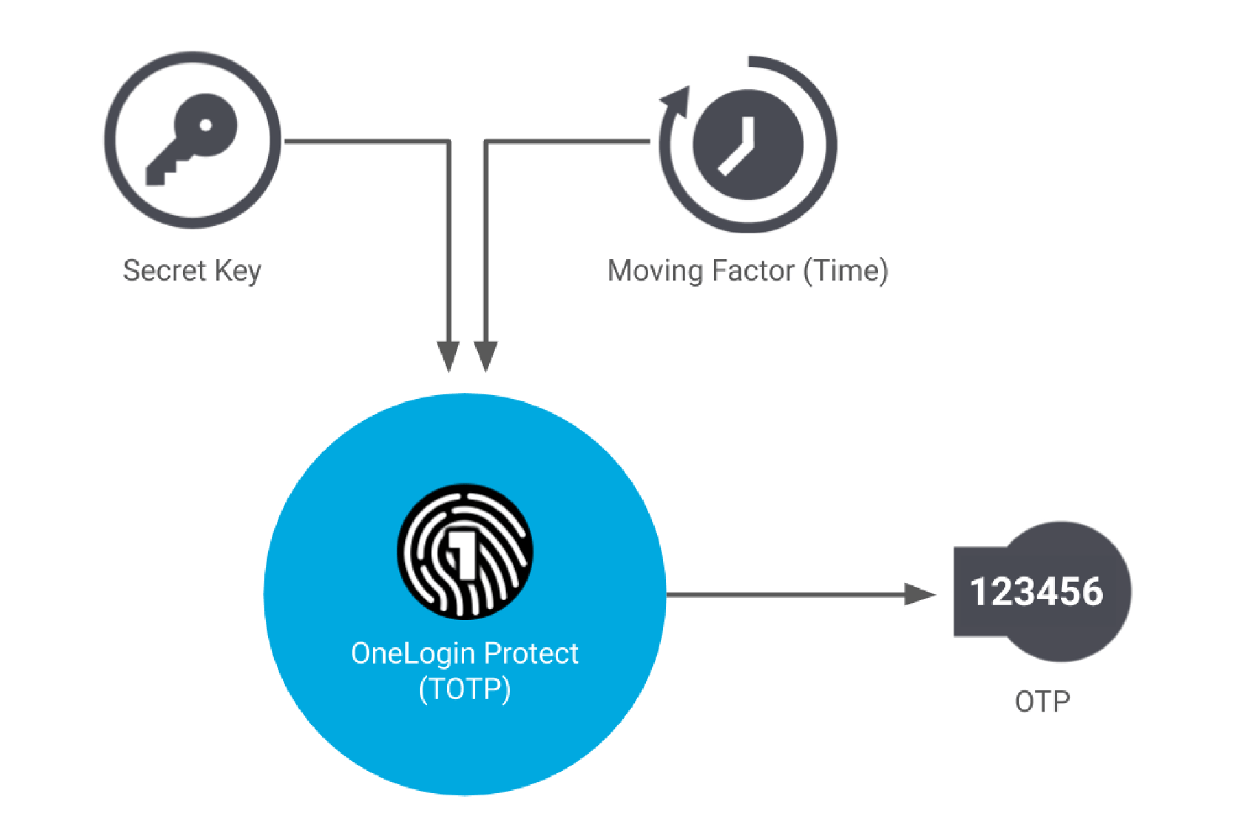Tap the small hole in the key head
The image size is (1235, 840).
[x=206, y=125]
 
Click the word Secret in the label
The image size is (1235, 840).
[x=164, y=270]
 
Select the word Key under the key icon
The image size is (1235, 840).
[x=237, y=270]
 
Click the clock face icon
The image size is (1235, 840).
[x=748, y=145]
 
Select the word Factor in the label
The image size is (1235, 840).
[x=753, y=270]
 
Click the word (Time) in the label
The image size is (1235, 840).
[x=846, y=270]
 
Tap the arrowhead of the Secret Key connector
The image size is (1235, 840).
[x=448, y=357]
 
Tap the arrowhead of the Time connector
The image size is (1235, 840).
[x=486, y=357]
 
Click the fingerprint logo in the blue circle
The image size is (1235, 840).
[x=465, y=552]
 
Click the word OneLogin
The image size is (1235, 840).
[x=414, y=653]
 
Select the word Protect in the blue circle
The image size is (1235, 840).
[x=531, y=653]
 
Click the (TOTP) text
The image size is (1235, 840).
[x=465, y=688]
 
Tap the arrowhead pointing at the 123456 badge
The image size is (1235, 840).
[x=919, y=594]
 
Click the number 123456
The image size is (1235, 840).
[x=1036, y=592]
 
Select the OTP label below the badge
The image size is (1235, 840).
[x=1042, y=701]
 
